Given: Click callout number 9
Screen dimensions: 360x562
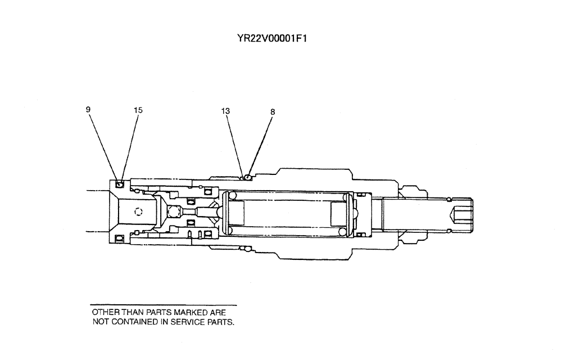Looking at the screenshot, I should click(88, 110).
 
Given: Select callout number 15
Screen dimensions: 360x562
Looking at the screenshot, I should click(138, 110).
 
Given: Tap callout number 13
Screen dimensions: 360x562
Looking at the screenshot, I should click(225, 111).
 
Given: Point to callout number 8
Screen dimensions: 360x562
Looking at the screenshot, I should click(273, 112).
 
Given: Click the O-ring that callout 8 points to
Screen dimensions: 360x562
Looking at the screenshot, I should click(248, 177).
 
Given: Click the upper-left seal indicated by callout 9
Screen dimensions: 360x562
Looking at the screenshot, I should click(119, 184).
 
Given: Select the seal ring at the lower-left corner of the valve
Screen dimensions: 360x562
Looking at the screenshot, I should click(119, 240).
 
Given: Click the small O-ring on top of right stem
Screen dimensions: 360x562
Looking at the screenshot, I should click(448, 199).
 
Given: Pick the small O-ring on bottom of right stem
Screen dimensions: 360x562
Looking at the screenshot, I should click(448, 229).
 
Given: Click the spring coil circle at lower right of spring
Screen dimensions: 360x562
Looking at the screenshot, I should click(342, 232).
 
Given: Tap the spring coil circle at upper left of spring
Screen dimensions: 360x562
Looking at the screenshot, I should click(230, 196).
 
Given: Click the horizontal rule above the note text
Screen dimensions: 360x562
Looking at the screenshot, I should click(164, 305).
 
